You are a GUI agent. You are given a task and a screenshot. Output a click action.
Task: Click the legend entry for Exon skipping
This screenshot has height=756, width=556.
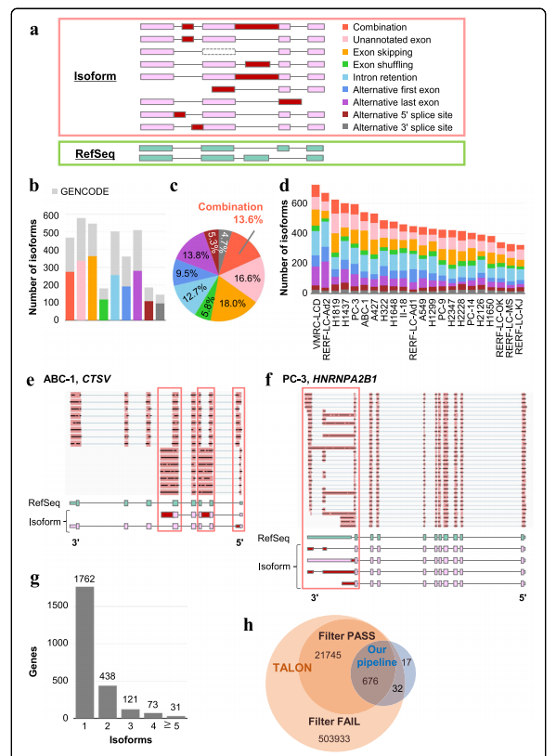(377, 52)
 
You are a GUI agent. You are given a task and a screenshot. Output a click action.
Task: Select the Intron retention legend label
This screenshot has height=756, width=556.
(380, 77)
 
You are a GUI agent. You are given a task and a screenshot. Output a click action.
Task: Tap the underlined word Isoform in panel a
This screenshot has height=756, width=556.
(95, 76)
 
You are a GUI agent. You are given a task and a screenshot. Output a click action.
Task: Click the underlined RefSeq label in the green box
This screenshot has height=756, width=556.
(95, 154)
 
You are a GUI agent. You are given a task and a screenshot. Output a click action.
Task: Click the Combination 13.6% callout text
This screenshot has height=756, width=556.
(231, 213)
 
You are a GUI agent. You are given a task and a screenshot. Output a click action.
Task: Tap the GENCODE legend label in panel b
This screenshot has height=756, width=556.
(84, 191)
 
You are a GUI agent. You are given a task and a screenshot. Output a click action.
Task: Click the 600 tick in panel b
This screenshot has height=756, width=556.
(51, 215)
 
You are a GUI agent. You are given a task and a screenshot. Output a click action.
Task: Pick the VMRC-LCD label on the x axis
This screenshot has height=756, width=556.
(317, 323)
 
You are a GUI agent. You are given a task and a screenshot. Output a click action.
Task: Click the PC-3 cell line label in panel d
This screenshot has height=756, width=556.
(356, 309)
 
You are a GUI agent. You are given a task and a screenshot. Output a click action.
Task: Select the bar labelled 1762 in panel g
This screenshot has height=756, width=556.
(84, 652)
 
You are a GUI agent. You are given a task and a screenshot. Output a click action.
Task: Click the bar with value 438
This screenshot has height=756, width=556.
(107, 702)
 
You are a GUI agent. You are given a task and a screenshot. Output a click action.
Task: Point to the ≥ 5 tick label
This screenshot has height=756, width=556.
(172, 725)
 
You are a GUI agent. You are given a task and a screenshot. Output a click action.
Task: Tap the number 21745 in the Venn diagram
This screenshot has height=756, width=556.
(328, 655)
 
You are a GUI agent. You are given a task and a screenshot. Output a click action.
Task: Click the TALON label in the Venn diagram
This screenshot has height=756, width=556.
(292, 668)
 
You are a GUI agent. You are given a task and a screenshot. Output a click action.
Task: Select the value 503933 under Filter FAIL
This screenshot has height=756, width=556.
(334, 738)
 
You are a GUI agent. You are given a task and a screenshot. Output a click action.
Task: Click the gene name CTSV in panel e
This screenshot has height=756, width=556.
(97, 379)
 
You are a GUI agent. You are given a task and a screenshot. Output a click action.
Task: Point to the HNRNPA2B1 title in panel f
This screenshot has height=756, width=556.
(345, 379)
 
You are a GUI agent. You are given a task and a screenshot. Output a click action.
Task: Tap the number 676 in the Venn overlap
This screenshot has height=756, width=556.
(370, 682)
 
